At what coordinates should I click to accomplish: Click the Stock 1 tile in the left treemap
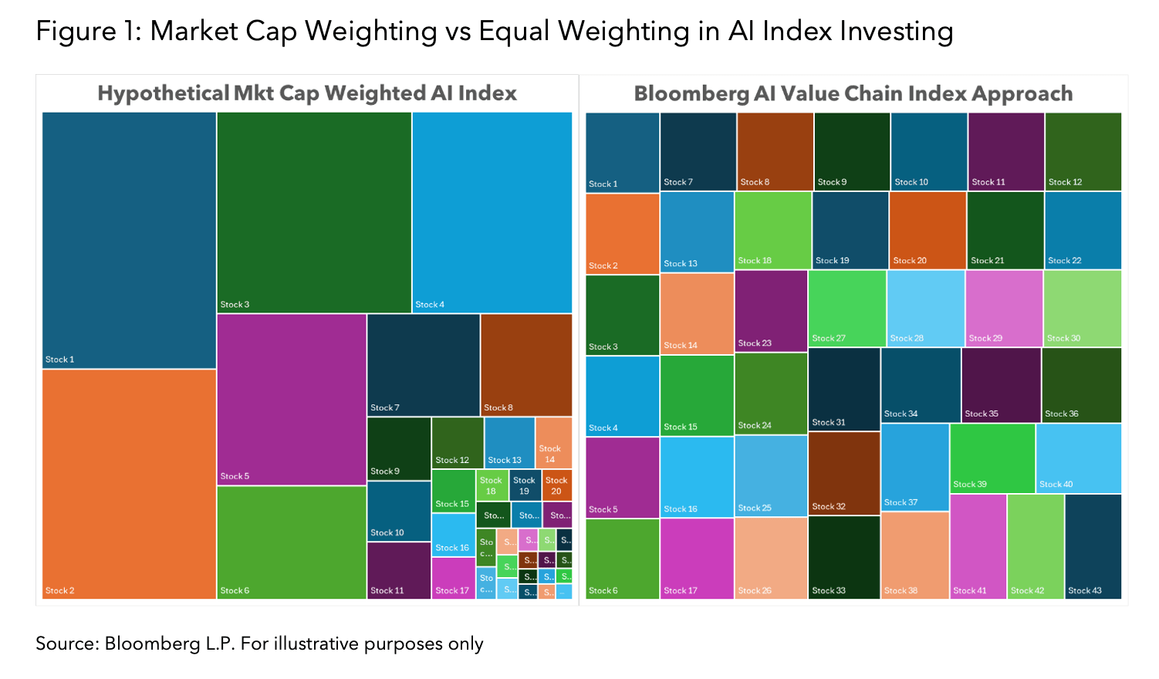(129, 239)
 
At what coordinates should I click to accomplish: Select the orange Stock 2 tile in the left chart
(129, 484)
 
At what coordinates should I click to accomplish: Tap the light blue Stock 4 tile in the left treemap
(492, 212)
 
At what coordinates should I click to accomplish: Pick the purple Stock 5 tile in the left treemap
(292, 399)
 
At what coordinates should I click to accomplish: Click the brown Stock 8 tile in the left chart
(526, 364)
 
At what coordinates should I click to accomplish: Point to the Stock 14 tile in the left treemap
(553, 443)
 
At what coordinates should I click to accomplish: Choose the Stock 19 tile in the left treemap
(525, 485)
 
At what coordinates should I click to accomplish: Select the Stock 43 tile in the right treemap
(1093, 546)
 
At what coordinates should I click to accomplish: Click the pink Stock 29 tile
(1004, 308)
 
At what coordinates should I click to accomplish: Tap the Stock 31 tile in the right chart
(844, 389)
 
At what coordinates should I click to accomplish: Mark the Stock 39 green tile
(992, 458)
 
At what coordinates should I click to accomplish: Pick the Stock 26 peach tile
(772, 558)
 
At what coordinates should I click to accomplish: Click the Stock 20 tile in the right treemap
(928, 230)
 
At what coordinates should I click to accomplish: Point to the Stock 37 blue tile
(914, 467)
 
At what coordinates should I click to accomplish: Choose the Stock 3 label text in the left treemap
(235, 305)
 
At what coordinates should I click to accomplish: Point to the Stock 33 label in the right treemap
(829, 591)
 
